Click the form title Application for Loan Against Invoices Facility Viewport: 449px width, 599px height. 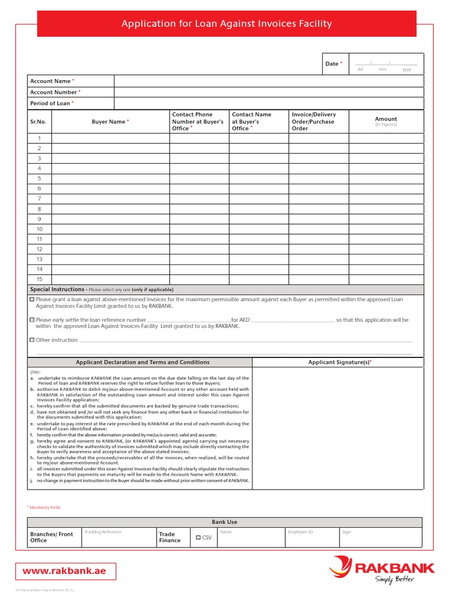(x=226, y=24)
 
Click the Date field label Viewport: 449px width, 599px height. (x=332, y=64)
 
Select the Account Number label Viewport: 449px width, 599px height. (x=54, y=92)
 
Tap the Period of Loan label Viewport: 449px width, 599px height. (x=50, y=104)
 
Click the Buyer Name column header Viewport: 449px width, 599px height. (x=109, y=122)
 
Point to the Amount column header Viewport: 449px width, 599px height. (x=386, y=119)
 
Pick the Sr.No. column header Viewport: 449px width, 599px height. (x=38, y=122)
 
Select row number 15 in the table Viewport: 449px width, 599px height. (x=40, y=279)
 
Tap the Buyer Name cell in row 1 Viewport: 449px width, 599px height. (x=110, y=138)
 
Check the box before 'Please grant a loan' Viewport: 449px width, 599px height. (x=32, y=299)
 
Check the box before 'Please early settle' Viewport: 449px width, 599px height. (x=32, y=320)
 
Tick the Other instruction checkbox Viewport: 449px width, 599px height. (x=32, y=340)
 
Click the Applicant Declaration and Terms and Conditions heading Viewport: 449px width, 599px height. (x=143, y=363)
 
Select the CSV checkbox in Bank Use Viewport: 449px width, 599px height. (x=199, y=537)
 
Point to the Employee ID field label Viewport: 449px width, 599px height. (x=300, y=532)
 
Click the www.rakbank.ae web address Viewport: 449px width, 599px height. (x=64, y=571)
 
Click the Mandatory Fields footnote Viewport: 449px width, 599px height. (x=45, y=507)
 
